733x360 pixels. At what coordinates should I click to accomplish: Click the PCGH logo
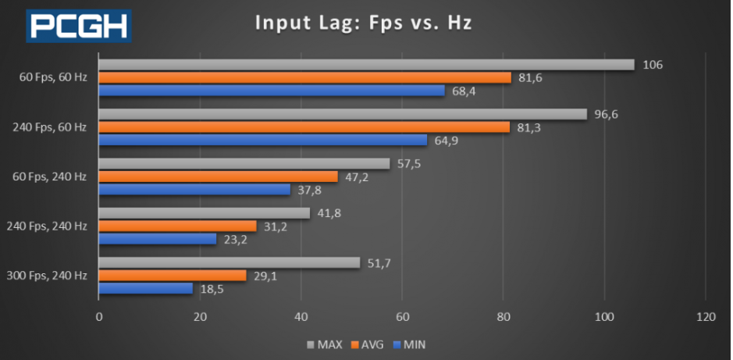coord(79,25)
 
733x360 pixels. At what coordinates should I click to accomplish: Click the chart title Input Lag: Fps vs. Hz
coord(365,23)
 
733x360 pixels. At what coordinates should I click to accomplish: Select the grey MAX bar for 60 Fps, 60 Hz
coord(366,64)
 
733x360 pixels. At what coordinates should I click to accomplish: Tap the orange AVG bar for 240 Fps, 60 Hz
coord(304,127)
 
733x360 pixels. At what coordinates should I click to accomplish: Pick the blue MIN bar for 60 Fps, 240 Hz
coord(194,189)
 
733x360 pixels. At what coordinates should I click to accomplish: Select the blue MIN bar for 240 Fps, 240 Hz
coord(158,239)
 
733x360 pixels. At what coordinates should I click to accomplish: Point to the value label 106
coord(653,64)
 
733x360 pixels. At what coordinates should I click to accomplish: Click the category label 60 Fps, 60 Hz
coord(53,77)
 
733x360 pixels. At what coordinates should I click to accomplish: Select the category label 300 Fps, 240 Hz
coord(46,276)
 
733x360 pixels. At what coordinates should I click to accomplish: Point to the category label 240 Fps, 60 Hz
coord(49,127)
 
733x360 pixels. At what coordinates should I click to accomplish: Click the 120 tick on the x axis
coord(706,317)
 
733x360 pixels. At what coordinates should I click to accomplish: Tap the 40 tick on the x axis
coord(301,317)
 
